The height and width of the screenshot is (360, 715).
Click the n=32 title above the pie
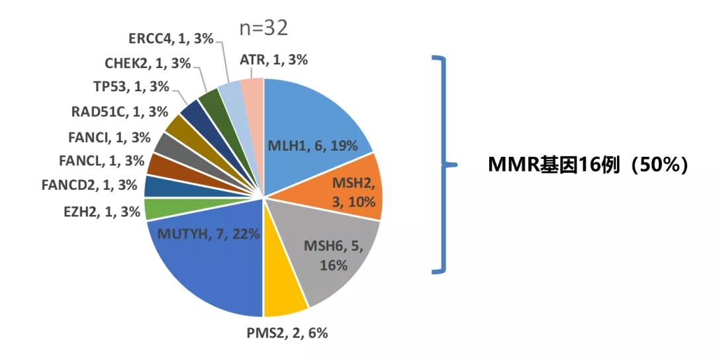tap(263, 28)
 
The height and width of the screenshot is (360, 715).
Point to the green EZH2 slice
tap(154, 209)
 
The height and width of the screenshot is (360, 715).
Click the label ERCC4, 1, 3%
tap(170, 39)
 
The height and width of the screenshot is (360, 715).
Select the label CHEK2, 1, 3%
tap(148, 64)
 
